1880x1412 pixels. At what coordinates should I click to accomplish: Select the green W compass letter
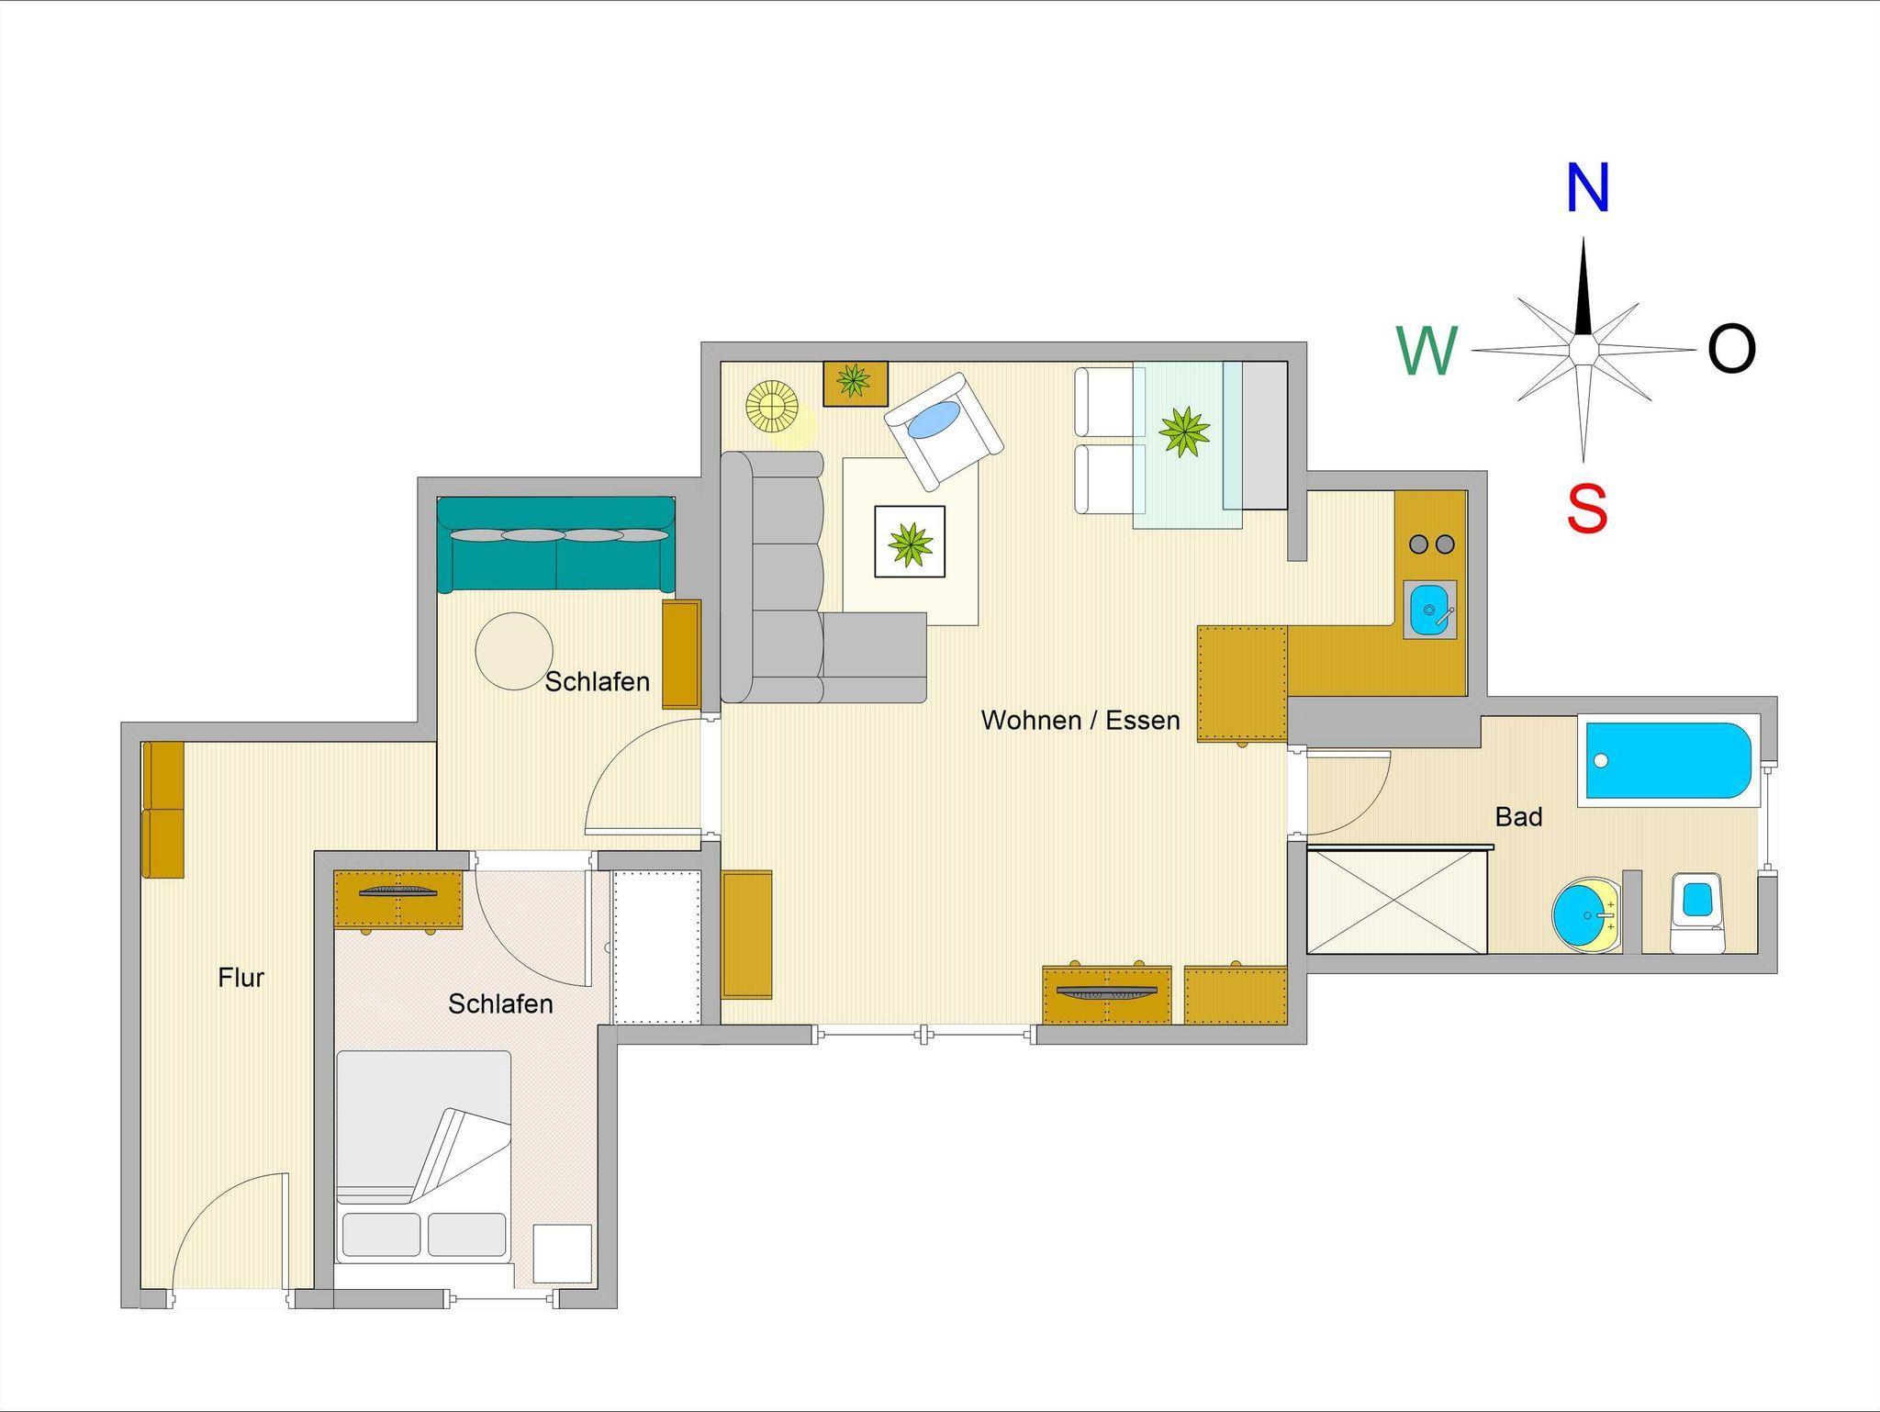[1427, 351]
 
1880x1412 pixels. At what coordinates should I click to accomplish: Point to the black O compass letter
[1731, 350]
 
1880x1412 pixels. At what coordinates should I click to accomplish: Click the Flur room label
[241, 978]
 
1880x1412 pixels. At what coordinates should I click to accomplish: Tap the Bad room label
[1518, 816]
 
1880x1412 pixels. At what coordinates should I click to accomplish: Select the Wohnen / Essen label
[1080, 720]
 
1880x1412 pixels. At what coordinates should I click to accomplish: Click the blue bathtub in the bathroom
[1669, 760]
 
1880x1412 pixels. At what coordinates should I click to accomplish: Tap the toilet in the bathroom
[1697, 912]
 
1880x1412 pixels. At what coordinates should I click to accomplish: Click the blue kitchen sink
[1429, 609]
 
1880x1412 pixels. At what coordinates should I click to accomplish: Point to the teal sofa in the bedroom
[556, 544]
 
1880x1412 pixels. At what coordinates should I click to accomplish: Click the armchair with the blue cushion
[944, 431]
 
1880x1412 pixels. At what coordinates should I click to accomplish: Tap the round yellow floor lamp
[772, 405]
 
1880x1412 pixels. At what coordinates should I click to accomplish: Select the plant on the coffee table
[910, 542]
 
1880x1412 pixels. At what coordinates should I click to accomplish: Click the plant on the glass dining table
[1184, 431]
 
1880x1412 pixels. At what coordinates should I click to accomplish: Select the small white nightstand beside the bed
[563, 1254]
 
